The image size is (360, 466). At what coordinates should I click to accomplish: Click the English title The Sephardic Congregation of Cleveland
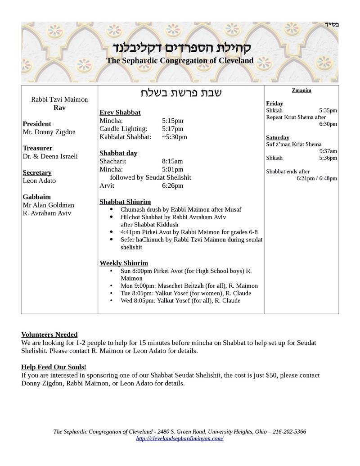tap(180, 60)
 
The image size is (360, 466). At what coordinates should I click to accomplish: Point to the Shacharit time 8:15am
tap(172, 161)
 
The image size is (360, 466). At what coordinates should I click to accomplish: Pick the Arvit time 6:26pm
tap(172, 185)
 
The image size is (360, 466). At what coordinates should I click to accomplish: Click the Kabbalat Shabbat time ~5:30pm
tap(174, 137)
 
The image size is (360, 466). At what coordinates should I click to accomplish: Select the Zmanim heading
tap(301, 90)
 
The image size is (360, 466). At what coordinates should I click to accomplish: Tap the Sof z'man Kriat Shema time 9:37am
tap(328, 151)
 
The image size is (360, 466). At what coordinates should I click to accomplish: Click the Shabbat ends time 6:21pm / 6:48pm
tap(317, 178)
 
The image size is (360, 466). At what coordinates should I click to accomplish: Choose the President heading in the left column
tap(37, 124)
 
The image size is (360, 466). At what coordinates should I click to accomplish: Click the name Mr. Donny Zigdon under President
tap(49, 132)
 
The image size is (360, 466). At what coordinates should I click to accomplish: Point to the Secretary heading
tap(37, 172)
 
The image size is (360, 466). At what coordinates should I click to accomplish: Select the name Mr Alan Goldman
tap(48, 205)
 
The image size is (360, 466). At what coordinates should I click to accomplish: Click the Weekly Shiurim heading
tap(124, 263)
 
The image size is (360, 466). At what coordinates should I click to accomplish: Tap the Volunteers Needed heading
tap(49, 335)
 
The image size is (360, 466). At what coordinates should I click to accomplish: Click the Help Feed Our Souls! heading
tap(54, 367)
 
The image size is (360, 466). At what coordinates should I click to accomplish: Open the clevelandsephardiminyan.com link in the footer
tap(180, 439)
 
